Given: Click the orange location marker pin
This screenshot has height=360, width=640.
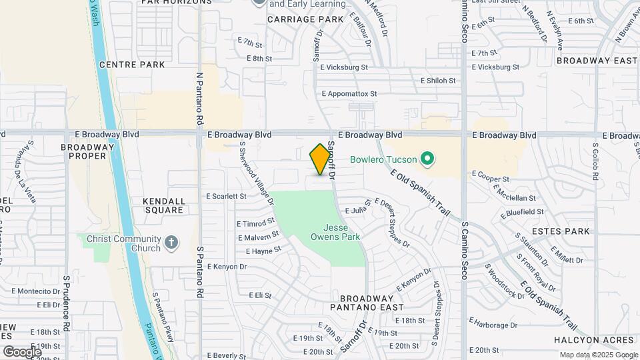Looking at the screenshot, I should click(x=321, y=159).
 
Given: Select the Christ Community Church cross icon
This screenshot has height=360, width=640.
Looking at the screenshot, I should click(x=171, y=243).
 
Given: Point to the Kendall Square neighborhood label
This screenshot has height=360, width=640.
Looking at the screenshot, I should click(x=163, y=205).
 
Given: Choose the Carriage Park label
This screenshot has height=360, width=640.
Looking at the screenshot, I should click(x=305, y=19).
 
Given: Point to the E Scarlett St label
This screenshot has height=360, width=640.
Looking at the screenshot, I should click(x=227, y=196).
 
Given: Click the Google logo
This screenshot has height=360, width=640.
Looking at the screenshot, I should click(x=22, y=351).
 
